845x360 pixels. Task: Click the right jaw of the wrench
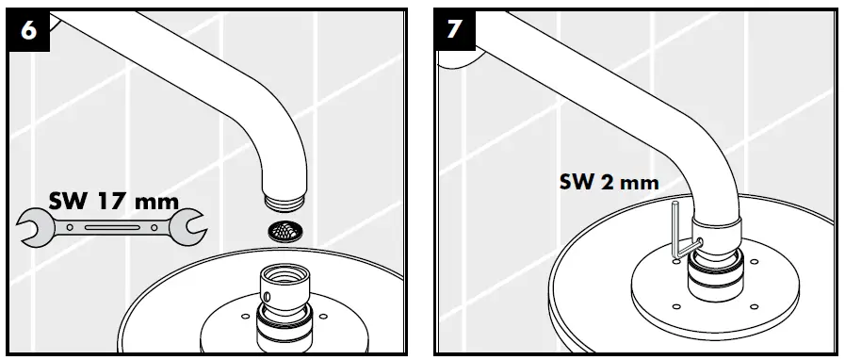(189, 227)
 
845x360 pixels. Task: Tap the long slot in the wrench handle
(111, 228)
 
